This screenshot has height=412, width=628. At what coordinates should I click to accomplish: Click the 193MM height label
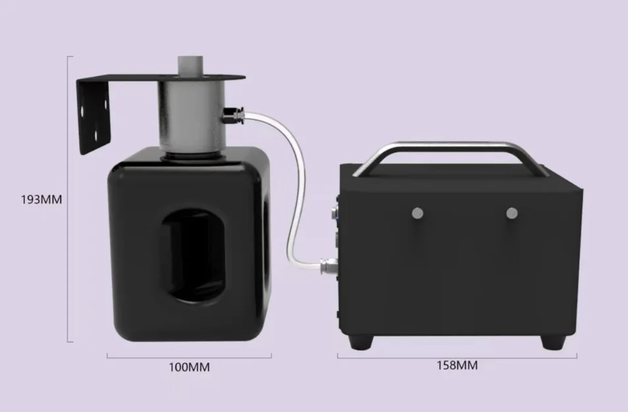[x=41, y=199]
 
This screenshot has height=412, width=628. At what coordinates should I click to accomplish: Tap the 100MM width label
[x=189, y=367]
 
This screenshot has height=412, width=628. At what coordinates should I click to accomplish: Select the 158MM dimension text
[x=457, y=365]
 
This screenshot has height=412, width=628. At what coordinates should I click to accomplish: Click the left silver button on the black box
[x=417, y=213]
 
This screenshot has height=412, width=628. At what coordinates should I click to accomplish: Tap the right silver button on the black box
[x=511, y=213]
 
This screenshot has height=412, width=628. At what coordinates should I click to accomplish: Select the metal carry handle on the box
[x=450, y=146]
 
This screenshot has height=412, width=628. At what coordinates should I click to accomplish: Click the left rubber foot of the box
[x=361, y=342]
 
